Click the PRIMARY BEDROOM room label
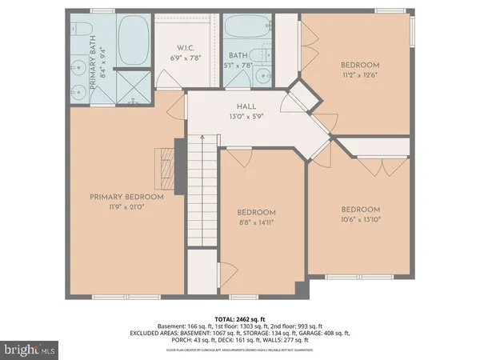click(x=126, y=197)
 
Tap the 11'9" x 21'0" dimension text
click(x=126, y=207)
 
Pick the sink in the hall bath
click(x=262, y=77)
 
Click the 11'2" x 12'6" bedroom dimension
click(x=359, y=74)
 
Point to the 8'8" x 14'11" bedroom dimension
click(x=256, y=222)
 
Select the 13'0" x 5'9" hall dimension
click(x=245, y=116)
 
